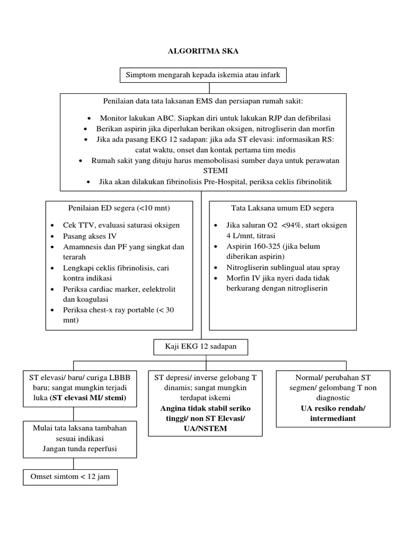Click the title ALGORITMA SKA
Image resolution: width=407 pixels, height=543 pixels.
(x=203, y=51)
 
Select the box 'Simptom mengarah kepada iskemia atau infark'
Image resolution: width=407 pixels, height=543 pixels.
(x=203, y=76)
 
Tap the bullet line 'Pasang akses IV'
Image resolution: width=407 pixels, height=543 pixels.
(x=91, y=236)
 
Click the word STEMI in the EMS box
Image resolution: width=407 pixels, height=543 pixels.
(x=203, y=170)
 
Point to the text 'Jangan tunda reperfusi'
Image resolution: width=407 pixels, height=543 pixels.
(x=77, y=449)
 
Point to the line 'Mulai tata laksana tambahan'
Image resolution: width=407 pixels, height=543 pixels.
(x=77, y=428)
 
